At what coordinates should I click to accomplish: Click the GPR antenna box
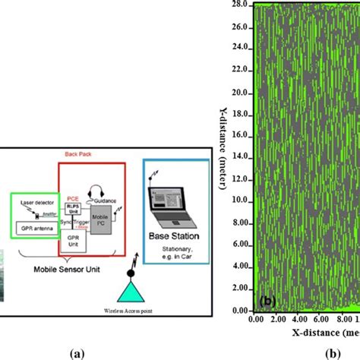tap(33, 229)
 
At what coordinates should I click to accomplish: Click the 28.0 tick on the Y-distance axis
tap(241, 5)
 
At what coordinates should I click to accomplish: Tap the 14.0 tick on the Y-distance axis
tap(241, 157)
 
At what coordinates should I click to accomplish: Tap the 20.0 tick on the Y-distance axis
tap(241, 93)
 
